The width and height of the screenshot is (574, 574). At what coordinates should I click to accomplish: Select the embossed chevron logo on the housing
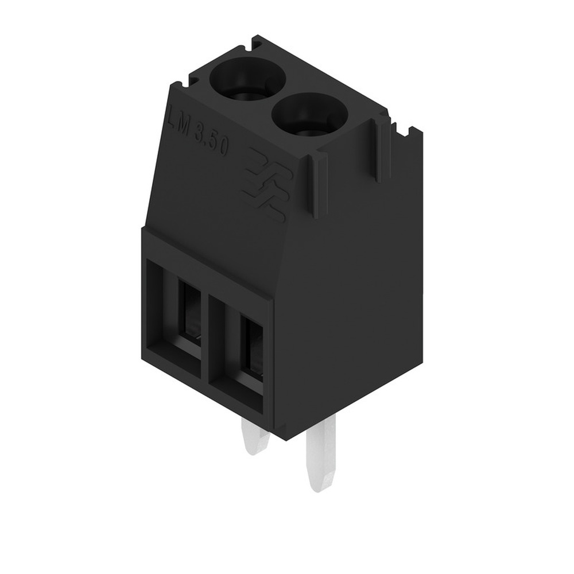267,184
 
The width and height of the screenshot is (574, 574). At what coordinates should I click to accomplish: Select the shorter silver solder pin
254,439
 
